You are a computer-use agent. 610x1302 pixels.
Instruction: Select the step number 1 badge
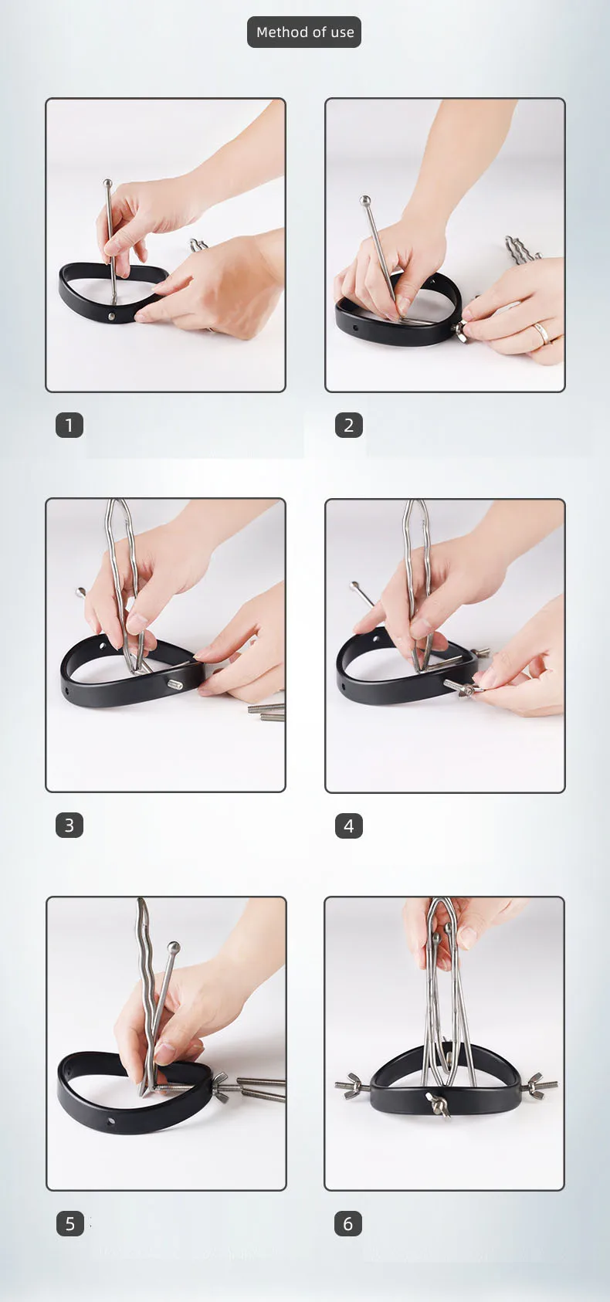tap(69, 426)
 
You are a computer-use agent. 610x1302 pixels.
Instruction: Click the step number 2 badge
tap(348, 426)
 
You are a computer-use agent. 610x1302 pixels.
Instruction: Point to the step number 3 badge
tap(69, 826)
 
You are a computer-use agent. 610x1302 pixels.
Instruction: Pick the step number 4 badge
tap(348, 826)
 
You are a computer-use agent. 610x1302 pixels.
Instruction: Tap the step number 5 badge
tap(69, 1223)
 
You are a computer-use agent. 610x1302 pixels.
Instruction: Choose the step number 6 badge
tap(348, 1223)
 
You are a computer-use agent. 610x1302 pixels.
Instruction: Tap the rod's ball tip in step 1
tap(107, 184)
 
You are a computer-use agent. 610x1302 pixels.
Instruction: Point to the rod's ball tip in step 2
tap(364, 201)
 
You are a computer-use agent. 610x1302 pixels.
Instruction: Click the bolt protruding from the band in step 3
tap(175, 685)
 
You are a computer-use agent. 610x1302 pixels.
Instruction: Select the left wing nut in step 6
tap(351, 1085)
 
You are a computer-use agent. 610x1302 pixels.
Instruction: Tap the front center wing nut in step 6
tap(439, 1104)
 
